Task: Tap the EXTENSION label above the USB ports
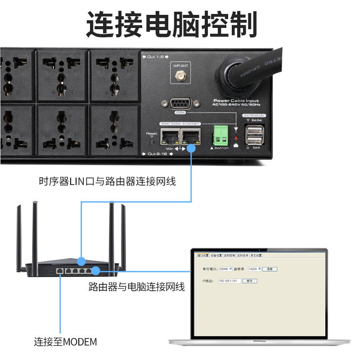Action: click(x=254, y=116)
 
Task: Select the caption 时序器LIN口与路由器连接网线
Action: click(x=107, y=182)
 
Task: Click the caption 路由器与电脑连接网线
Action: click(x=137, y=287)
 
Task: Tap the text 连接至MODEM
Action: click(x=66, y=342)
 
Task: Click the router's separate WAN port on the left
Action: click(x=60, y=270)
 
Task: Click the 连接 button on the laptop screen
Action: click(x=270, y=269)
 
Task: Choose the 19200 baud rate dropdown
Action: click(x=255, y=269)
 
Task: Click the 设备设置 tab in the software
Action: click(x=216, y=256)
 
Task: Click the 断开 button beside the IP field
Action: click(x=250, y=281)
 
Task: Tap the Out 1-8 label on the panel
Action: click(x=155, y=57)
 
